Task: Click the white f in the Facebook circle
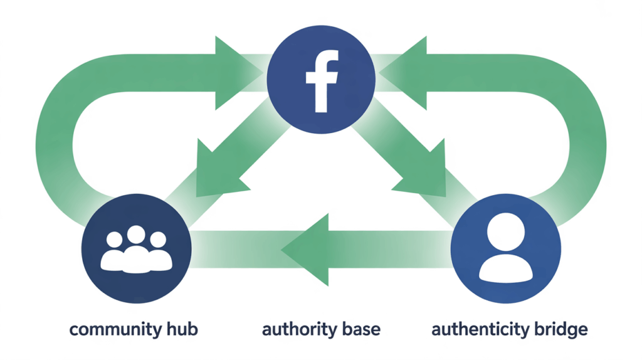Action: (322, 81)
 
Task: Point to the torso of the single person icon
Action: (505, 268)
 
